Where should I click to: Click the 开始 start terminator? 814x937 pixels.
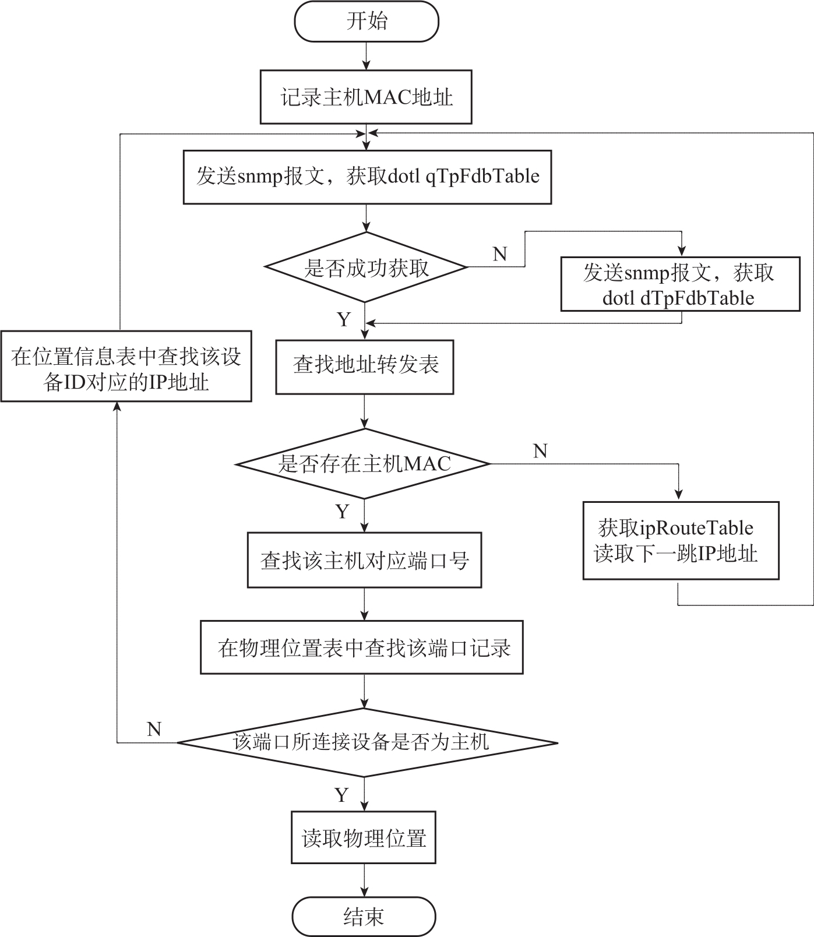366,22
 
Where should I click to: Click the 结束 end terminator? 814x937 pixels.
364,917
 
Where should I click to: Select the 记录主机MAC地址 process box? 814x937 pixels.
366,97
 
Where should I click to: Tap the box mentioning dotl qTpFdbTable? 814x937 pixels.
367,177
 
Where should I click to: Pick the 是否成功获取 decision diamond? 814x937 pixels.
366,267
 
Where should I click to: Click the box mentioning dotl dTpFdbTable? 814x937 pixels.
680,285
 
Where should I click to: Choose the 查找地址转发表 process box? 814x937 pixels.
365,365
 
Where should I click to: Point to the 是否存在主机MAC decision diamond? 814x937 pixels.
364,464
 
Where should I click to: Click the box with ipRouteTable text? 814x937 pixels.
681,540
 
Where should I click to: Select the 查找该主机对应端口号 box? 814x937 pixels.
364,560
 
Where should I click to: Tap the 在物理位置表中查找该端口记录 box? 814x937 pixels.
362,647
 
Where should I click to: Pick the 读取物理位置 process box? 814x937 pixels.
364,839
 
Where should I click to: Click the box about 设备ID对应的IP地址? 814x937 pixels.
126,367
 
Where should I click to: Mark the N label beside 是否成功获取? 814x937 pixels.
500,254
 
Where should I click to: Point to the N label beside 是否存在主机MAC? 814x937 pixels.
540,450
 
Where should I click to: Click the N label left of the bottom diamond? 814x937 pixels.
154,729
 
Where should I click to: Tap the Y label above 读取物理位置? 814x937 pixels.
342,795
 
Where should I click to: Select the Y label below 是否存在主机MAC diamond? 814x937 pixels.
343,511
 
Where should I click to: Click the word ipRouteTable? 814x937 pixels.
696,528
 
